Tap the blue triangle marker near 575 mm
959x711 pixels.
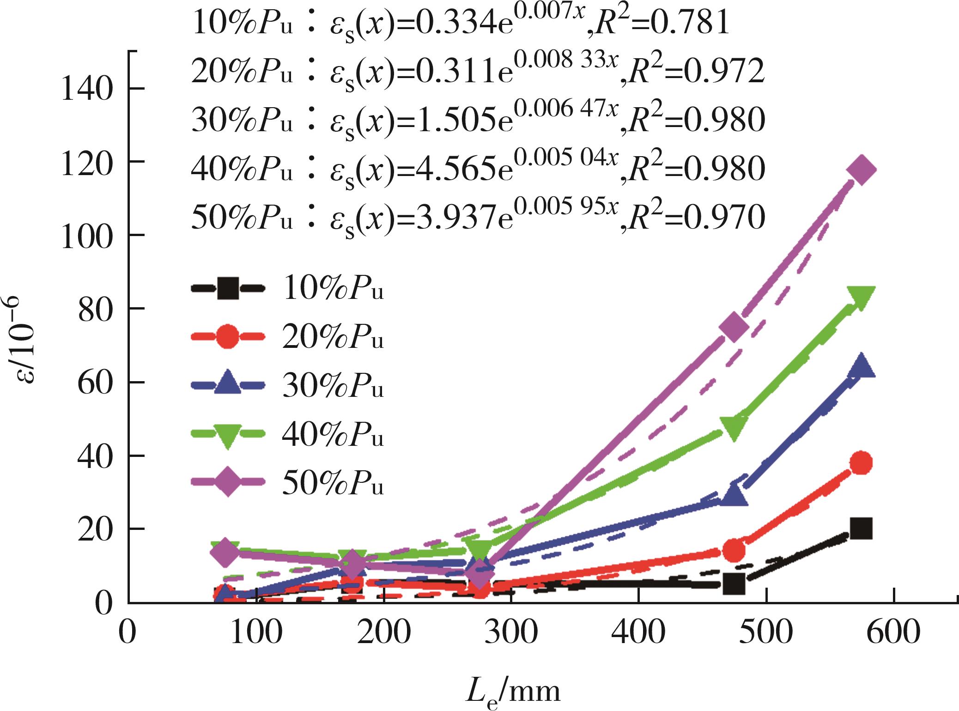pos(861,366)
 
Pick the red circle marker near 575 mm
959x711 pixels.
pos(861,462)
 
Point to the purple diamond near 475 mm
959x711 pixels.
pos(734,327)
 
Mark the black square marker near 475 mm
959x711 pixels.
pos(734,583)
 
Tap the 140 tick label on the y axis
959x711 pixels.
pos(87,89)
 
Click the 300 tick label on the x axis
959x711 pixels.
pos(511,632)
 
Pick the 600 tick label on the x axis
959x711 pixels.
pos(893,632)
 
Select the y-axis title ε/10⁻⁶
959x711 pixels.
pos(24,341)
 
